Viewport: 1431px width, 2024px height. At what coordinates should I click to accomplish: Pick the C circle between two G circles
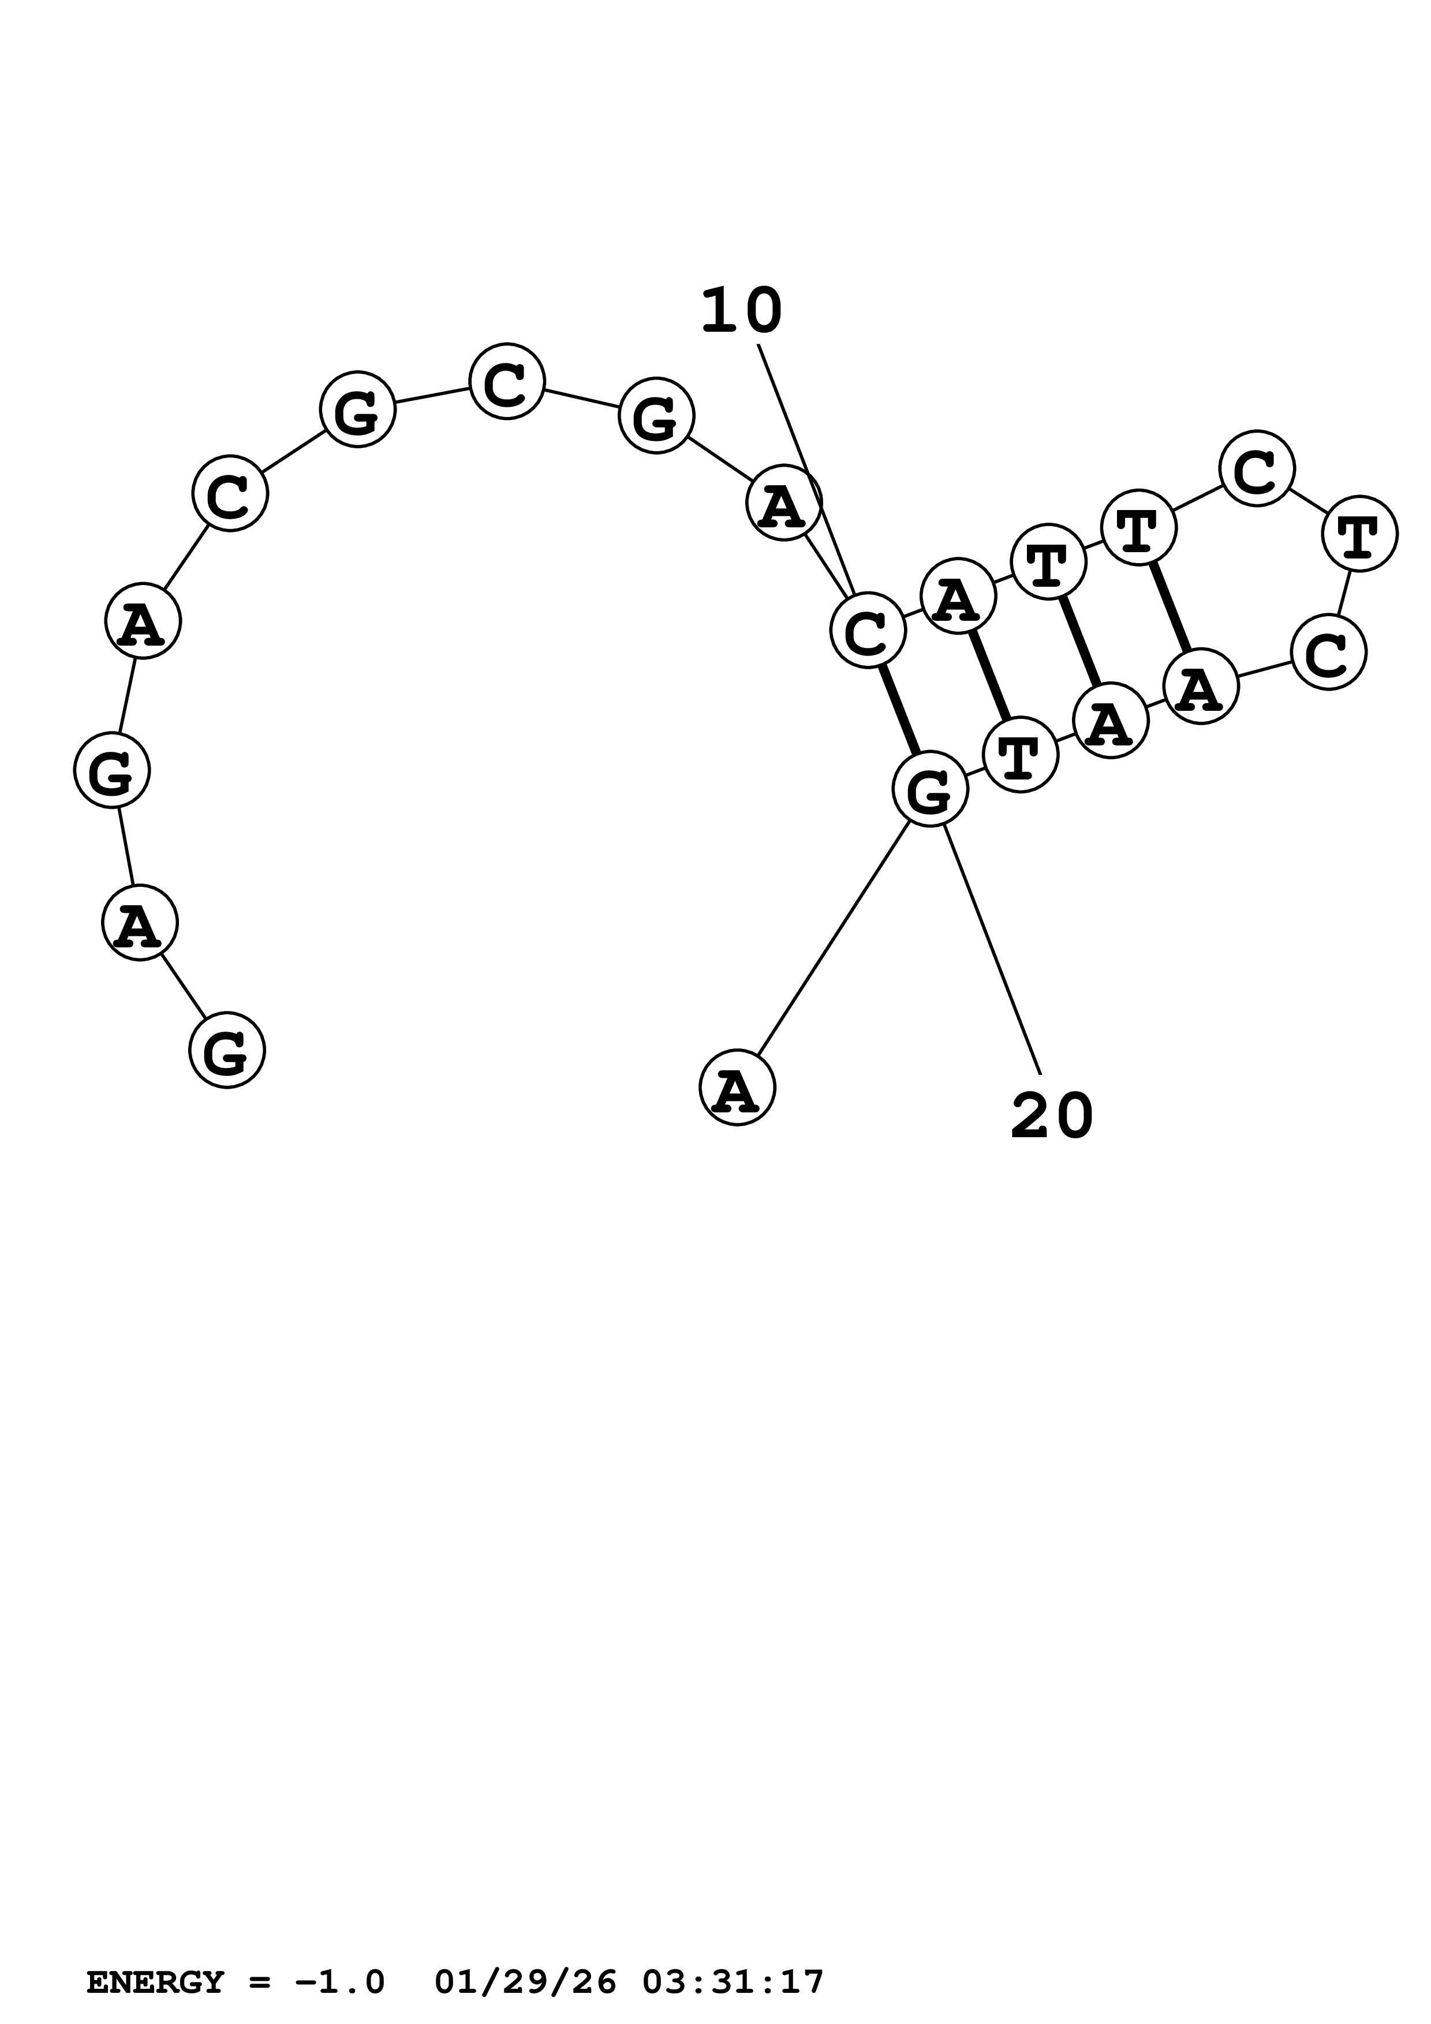[507, 382]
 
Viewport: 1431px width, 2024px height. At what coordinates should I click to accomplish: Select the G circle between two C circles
[357, 410]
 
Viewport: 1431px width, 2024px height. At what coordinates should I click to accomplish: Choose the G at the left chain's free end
[227, 1050]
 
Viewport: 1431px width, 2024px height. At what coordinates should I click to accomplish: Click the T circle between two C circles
[1359, 533]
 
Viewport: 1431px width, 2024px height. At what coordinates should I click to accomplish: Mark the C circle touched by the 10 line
[868, 629]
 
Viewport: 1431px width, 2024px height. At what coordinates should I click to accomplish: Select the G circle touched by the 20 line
[930, 789]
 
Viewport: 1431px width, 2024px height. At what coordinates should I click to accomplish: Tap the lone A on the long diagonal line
[737, 1088]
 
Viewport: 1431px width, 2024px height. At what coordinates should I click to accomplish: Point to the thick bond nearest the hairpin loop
[1171, 606]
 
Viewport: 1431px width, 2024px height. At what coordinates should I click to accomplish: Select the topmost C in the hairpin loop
[1257, 468]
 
